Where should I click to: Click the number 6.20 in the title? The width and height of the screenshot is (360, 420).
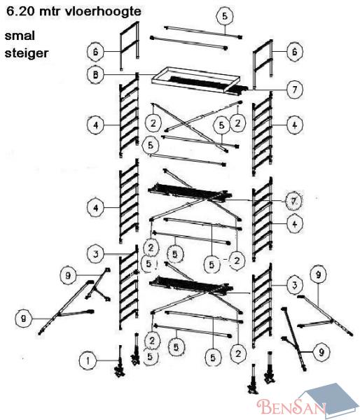pyautogui.click(x=20, y=11)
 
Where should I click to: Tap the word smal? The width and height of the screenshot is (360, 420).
pyautogui.click(x=20, y=36)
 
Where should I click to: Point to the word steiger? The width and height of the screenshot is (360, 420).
pyautogui.click(x=27, y=53)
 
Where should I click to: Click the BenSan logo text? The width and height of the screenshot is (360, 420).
pyautogui.click(x=290, y=406)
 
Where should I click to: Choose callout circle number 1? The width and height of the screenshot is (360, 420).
pyautogui.click(x=88, y=360)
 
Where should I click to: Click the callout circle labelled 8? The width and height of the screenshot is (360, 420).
pyautogui.click(x=96, y=74)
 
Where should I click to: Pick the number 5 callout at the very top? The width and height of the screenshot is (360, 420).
pyautogui.click(x=225, y=16)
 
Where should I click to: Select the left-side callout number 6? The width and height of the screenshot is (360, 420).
pyautogui.click(x=96, y=51)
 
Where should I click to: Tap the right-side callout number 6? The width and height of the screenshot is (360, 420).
pyautogui.click(x=295, y=51)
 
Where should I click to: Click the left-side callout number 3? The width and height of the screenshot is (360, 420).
pyautogui.click(x=96, y=254)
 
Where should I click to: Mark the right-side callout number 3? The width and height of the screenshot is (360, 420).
pyautogui.click(x=295, y=285)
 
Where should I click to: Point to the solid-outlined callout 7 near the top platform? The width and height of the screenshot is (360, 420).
pyautogui.click(x=295, y=89)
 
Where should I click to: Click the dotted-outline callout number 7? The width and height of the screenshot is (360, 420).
pyautogui.click(x=293, y=201)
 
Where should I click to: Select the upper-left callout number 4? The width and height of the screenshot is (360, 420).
pyautogui.click(x=96, y=125)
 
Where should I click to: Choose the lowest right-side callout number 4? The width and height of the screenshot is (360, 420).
pyautogui.click(x=295, y=224)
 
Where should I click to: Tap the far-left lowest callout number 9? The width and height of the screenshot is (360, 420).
pyautogui.click(x=24, y=318)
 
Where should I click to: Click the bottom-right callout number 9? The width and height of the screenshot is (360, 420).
pyautogui.click(x=321, y=352)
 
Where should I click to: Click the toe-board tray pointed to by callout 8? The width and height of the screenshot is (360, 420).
pyautogui.click(x=195, y=80)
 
